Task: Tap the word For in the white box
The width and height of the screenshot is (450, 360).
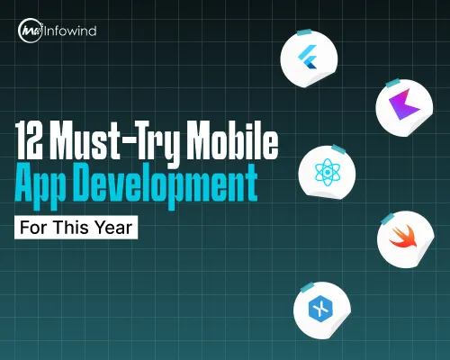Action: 34,227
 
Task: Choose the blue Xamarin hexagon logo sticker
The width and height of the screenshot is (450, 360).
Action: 318,309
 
